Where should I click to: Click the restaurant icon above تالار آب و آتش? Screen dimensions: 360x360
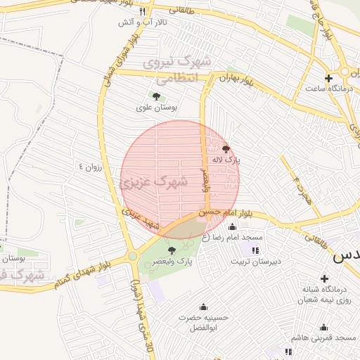tap(142, 12)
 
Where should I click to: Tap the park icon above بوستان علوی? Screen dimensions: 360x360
tap(156, 96)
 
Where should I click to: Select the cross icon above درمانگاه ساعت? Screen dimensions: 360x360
tap(328, 77)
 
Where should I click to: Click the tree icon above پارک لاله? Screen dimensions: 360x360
tap(226, 148)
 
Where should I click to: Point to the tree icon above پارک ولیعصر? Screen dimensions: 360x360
tap(172, 250)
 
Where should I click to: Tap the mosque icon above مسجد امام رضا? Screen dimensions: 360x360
tap(233, 226)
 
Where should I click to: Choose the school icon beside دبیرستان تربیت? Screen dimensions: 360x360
tap(255, 250)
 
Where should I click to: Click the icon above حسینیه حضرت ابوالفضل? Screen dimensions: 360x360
tap(203, 307)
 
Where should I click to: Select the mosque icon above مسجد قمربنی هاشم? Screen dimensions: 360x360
tap(323, 327)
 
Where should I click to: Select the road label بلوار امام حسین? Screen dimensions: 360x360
tap(224, 211)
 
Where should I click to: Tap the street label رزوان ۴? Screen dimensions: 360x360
tap(91, 167)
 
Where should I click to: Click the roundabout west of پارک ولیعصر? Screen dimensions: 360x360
tap(132, 257)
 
